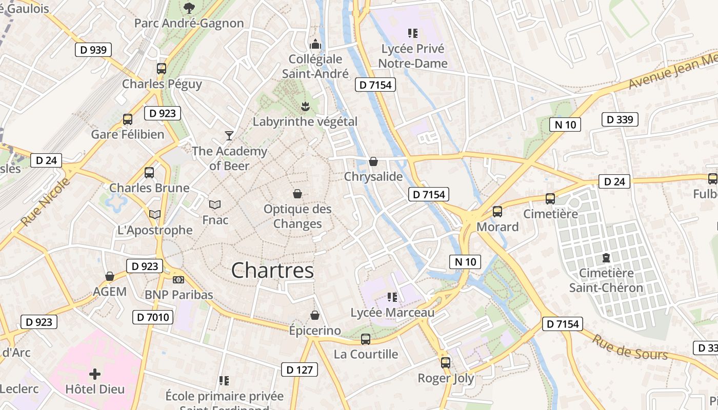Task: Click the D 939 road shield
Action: click(93, 50)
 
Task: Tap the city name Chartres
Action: click(272, 270)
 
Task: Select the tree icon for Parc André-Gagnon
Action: click(189, 8)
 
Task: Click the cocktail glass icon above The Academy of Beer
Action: click(229, 135)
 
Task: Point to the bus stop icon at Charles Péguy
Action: click(162, 68)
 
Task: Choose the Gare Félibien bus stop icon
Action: click(128, 119)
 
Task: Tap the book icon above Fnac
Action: click(215, 204)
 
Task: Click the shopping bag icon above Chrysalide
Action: click(373, 161)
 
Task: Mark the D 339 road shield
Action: click(620, 119)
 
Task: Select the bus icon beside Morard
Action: click(497, 211)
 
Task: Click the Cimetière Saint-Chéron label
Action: click(606, 280)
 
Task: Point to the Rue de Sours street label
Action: click(630, 347)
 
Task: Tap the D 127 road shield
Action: click(300, 370)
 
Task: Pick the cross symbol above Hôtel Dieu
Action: click(95, 374)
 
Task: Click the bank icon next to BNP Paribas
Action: click(178, 279)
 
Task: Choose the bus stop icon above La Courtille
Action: click(365, 339)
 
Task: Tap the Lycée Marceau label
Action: click(392, 313)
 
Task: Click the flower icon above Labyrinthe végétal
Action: click(305, 106)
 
